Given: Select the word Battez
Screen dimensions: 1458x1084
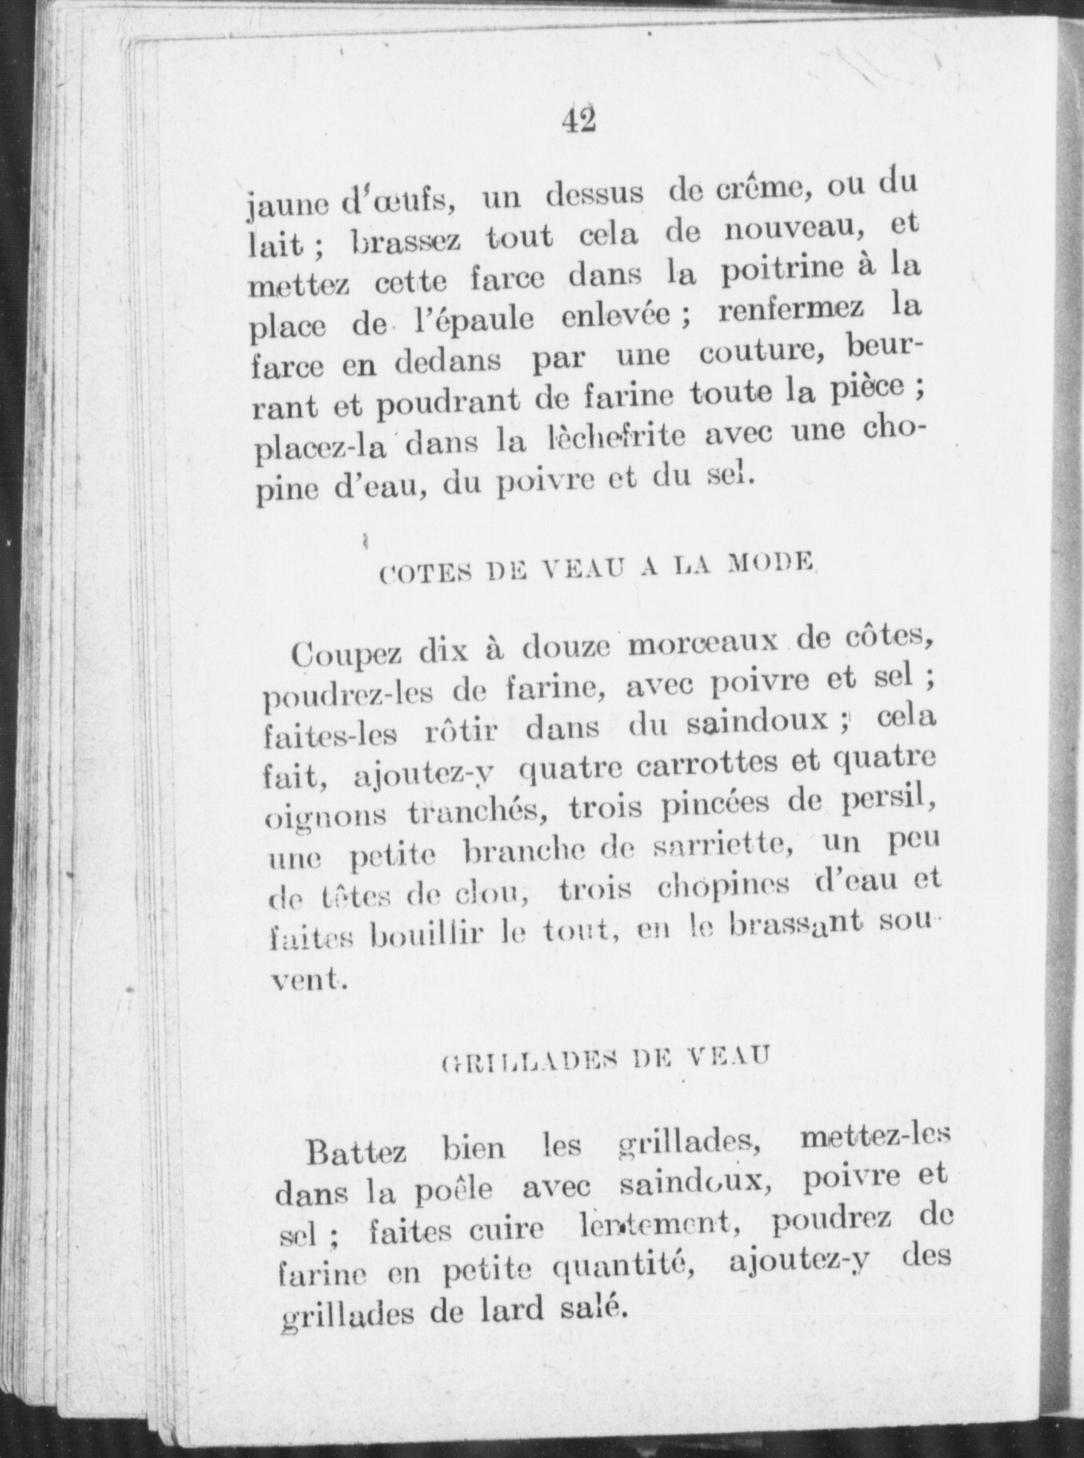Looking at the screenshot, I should (x=357, y=1151).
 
